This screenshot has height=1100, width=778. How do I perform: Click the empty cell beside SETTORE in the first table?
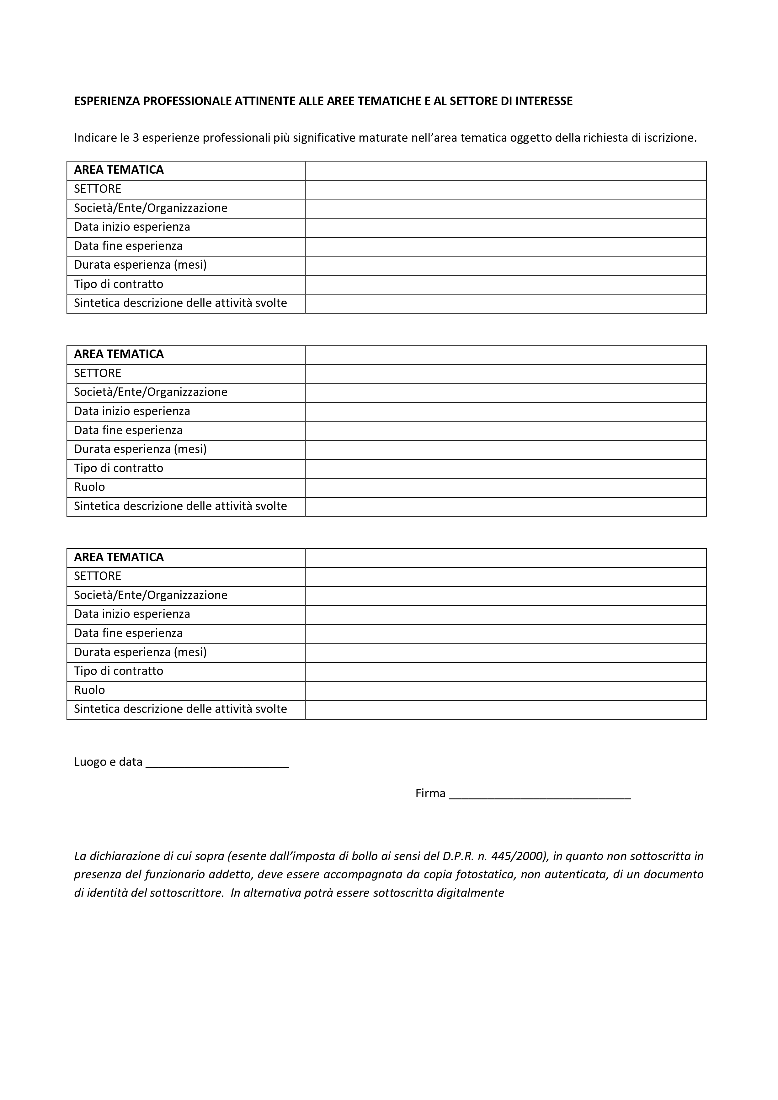pyautogui.click(x=506, y=190)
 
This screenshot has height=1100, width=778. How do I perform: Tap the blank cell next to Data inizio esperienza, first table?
pyautogui.click(x=506, y=228)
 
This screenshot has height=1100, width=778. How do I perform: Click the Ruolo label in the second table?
pyautogui.click(x=90, y=487)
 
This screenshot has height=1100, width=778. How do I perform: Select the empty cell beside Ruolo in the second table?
pyautogui.click(x=506, y=488)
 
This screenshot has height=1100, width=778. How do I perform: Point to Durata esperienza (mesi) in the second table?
pyautogui.click(x=141, y=450)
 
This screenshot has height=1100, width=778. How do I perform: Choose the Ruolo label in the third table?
pyautogui.click(x=90, y=690)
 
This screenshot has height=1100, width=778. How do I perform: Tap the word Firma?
pyautogui.click(x=430, y=793)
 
